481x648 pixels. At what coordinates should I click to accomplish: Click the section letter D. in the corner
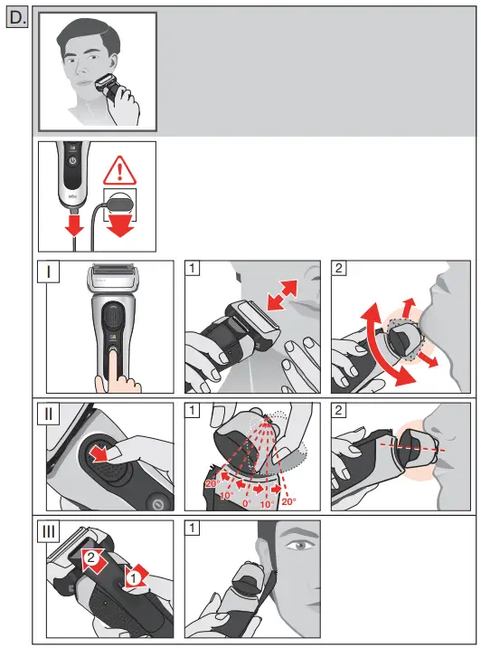pos(16,17)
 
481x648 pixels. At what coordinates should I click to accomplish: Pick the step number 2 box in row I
pos(339,269)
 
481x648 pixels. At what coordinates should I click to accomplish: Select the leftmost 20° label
pos(212,484)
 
